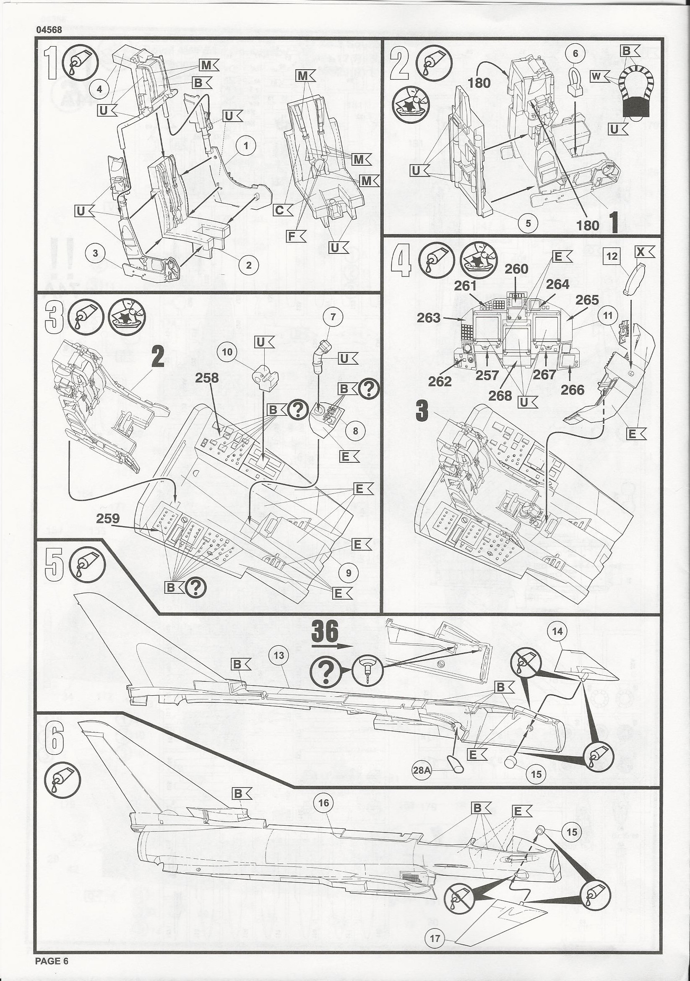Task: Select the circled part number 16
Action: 323,803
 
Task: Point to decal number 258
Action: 207,378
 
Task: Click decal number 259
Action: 108,518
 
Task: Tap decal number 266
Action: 572,390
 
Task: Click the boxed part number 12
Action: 612,256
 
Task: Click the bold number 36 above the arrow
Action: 325,631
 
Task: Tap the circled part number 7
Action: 333,317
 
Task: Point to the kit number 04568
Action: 49,30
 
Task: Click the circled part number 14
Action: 557,631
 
